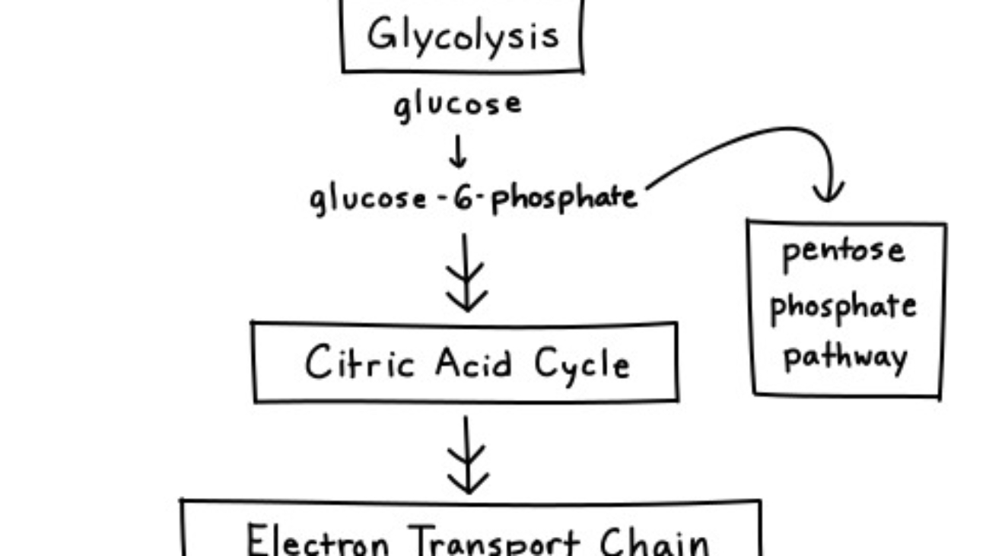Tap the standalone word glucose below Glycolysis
457,104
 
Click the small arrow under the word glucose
457,152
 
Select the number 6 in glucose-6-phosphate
464,199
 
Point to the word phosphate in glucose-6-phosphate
563,199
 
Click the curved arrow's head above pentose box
828,190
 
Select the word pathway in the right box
845,357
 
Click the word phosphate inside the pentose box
843,307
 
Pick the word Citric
360,364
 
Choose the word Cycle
582,365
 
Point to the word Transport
495,542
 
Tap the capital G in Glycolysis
383,35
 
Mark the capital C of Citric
320,364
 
